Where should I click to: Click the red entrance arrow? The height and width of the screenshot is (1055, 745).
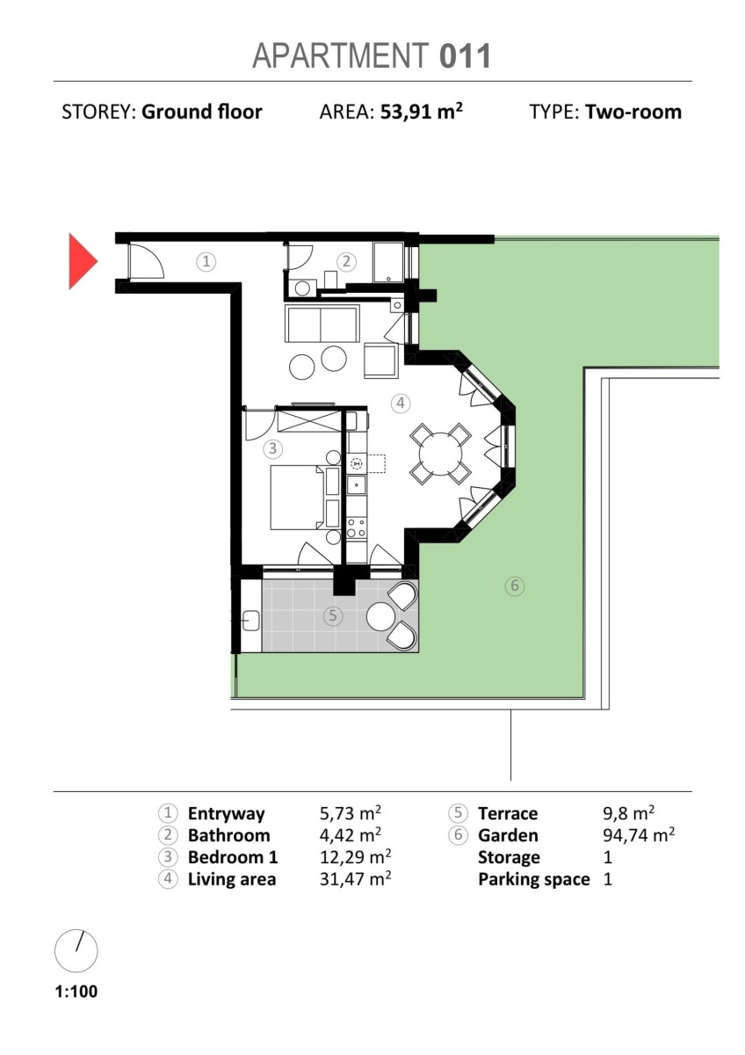(83, 261)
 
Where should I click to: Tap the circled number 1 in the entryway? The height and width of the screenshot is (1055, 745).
(206, 261)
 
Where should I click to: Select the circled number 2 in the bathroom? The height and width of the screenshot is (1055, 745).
(346, 261)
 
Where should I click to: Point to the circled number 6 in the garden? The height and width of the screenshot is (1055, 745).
(515, 586)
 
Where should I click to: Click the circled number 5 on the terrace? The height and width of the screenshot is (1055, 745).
(333, 615)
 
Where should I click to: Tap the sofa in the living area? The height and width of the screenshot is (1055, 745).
(322, 324)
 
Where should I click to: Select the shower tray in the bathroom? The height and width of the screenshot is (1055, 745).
(388, 262)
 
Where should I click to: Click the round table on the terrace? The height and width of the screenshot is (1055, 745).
(380, 616)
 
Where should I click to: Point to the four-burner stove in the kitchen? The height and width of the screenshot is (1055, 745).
(357, 527)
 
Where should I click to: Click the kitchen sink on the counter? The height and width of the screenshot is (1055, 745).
(357, 484)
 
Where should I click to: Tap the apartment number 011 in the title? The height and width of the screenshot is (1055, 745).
(465, 56)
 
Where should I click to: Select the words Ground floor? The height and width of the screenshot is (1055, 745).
(202, 113)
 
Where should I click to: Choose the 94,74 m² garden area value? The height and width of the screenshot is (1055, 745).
(639, 835)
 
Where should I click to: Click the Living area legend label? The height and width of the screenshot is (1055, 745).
(232, 879)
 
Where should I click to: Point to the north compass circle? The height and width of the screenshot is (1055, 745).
(76, 951)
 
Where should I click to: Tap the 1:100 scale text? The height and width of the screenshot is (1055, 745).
(76, 991)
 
